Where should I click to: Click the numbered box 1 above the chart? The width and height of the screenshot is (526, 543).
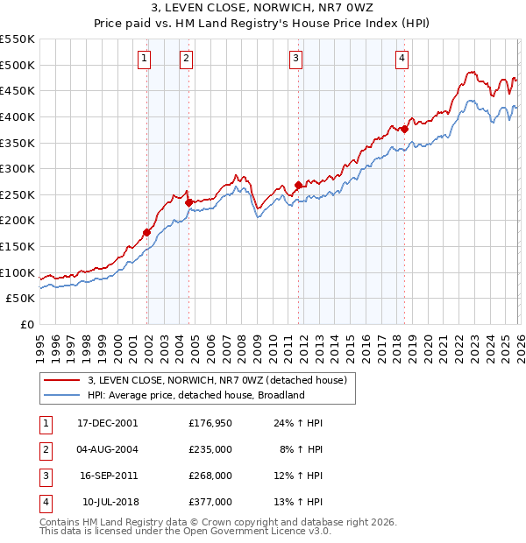click(x=144, y=59)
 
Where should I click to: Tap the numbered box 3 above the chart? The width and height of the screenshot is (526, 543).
click(x=296, y=59)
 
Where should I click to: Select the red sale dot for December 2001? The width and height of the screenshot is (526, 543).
click(x=147, y=232)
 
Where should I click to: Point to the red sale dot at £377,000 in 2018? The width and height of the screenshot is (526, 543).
click(x=405, y=129)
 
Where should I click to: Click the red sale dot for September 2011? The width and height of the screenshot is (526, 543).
click(x=299, y=185)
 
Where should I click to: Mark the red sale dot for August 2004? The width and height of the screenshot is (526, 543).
click(x=188, y=201)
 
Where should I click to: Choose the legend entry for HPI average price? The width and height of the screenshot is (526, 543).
click(x=195, y=395)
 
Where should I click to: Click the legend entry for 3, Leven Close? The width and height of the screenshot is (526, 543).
click(x=217, y=380)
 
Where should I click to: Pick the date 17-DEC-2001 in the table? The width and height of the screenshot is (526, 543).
click(x=107, y=423)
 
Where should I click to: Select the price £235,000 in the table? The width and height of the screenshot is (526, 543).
click(x=210, y=449)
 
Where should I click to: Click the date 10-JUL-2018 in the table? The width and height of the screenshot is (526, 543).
click(x=110, y=502)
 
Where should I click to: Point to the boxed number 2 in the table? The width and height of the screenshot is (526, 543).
click(x=45, y=449)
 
